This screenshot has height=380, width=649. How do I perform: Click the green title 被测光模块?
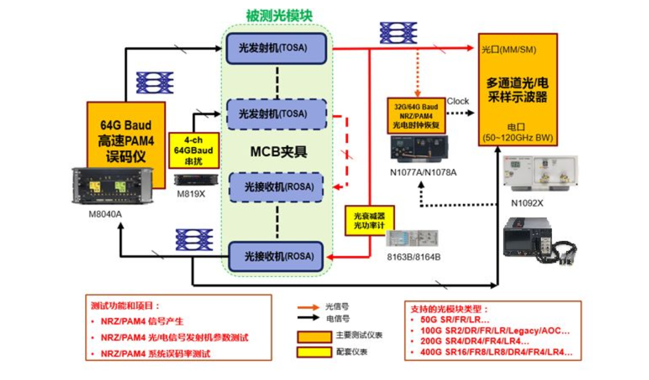point(279,15)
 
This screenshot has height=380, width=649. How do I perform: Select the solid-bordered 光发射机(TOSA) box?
point(276,48)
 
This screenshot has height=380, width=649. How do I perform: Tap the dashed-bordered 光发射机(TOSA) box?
point(276,114)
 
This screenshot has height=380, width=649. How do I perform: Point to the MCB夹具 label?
point(278,151)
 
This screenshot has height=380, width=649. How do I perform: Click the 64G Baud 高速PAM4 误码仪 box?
point(125,141)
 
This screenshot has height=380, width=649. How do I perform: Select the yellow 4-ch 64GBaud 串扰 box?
point(193,150)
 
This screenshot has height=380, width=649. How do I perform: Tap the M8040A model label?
point(105,214)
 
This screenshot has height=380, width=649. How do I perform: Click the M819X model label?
point(189,194)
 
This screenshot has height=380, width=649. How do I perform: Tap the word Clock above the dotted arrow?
point(458,101)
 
